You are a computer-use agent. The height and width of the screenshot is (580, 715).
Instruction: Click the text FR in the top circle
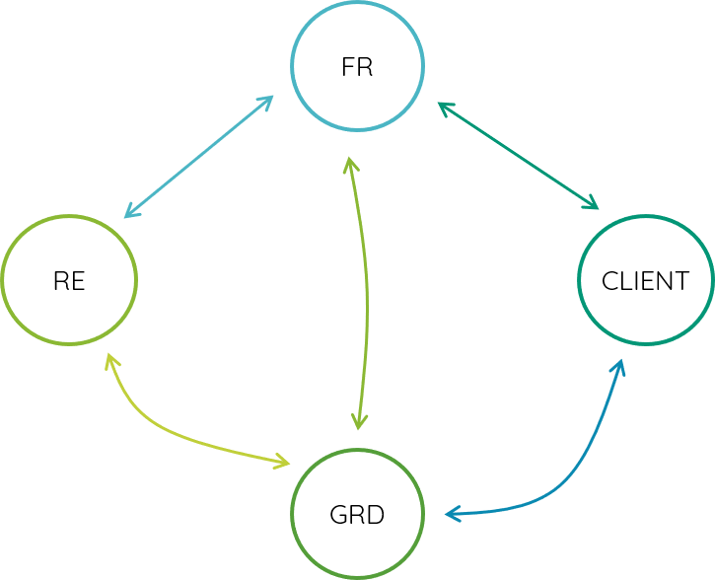(x=357, y=68)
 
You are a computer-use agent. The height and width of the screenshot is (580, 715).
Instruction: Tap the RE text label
(x=69, y=281)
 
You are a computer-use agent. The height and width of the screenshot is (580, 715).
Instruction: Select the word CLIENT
(x=645, y=281)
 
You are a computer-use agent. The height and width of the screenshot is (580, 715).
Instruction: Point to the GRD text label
(x=357, y=515)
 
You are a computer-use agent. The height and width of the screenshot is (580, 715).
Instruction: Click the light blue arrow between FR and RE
(x=197, y=157)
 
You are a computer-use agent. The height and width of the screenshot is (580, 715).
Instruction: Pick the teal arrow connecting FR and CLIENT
(x=518, y=156)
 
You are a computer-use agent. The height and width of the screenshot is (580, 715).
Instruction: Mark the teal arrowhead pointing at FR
(x=444, y=106)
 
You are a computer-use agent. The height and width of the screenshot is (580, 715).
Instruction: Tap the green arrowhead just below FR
(x=349, y=164)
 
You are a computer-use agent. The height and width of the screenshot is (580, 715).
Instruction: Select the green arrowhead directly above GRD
(x=359, y=422)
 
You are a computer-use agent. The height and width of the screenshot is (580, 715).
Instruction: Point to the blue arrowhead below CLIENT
(x=619, y=366)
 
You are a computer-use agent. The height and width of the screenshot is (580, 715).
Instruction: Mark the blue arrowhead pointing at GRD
(x=452, y=514)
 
